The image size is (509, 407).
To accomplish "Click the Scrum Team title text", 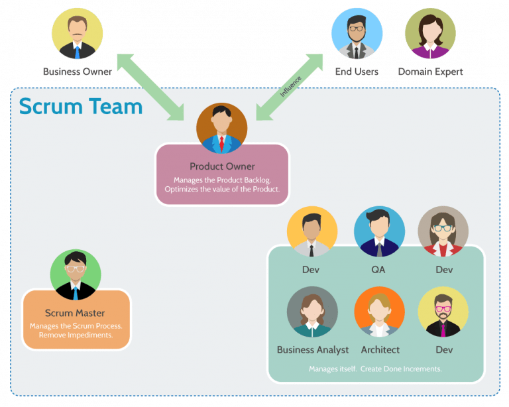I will click(x=81, y=106).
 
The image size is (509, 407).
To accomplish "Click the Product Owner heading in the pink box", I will click(x=222, y=166).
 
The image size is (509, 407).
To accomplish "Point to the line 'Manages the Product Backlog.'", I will click(x=222, y=180).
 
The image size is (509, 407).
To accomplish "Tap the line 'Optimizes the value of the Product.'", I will click(x=222, y=190).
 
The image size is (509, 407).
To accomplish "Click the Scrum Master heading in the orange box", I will click(x=75, y=313).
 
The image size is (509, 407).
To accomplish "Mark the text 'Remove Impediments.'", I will click(x=76, y=335).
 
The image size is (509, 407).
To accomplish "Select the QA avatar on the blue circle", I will click(x=379, y=232).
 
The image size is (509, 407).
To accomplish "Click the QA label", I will click(x=379, y=270).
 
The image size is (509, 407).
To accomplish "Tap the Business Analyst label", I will click(x=313, y=349).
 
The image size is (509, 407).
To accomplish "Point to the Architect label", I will click(x=380, y=349).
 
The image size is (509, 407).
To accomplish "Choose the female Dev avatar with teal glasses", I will click(x=443, y=232).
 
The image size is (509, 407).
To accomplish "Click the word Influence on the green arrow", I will click(x=290, y=87).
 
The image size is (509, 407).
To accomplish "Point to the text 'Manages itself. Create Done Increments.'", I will click(x=375, y=369).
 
